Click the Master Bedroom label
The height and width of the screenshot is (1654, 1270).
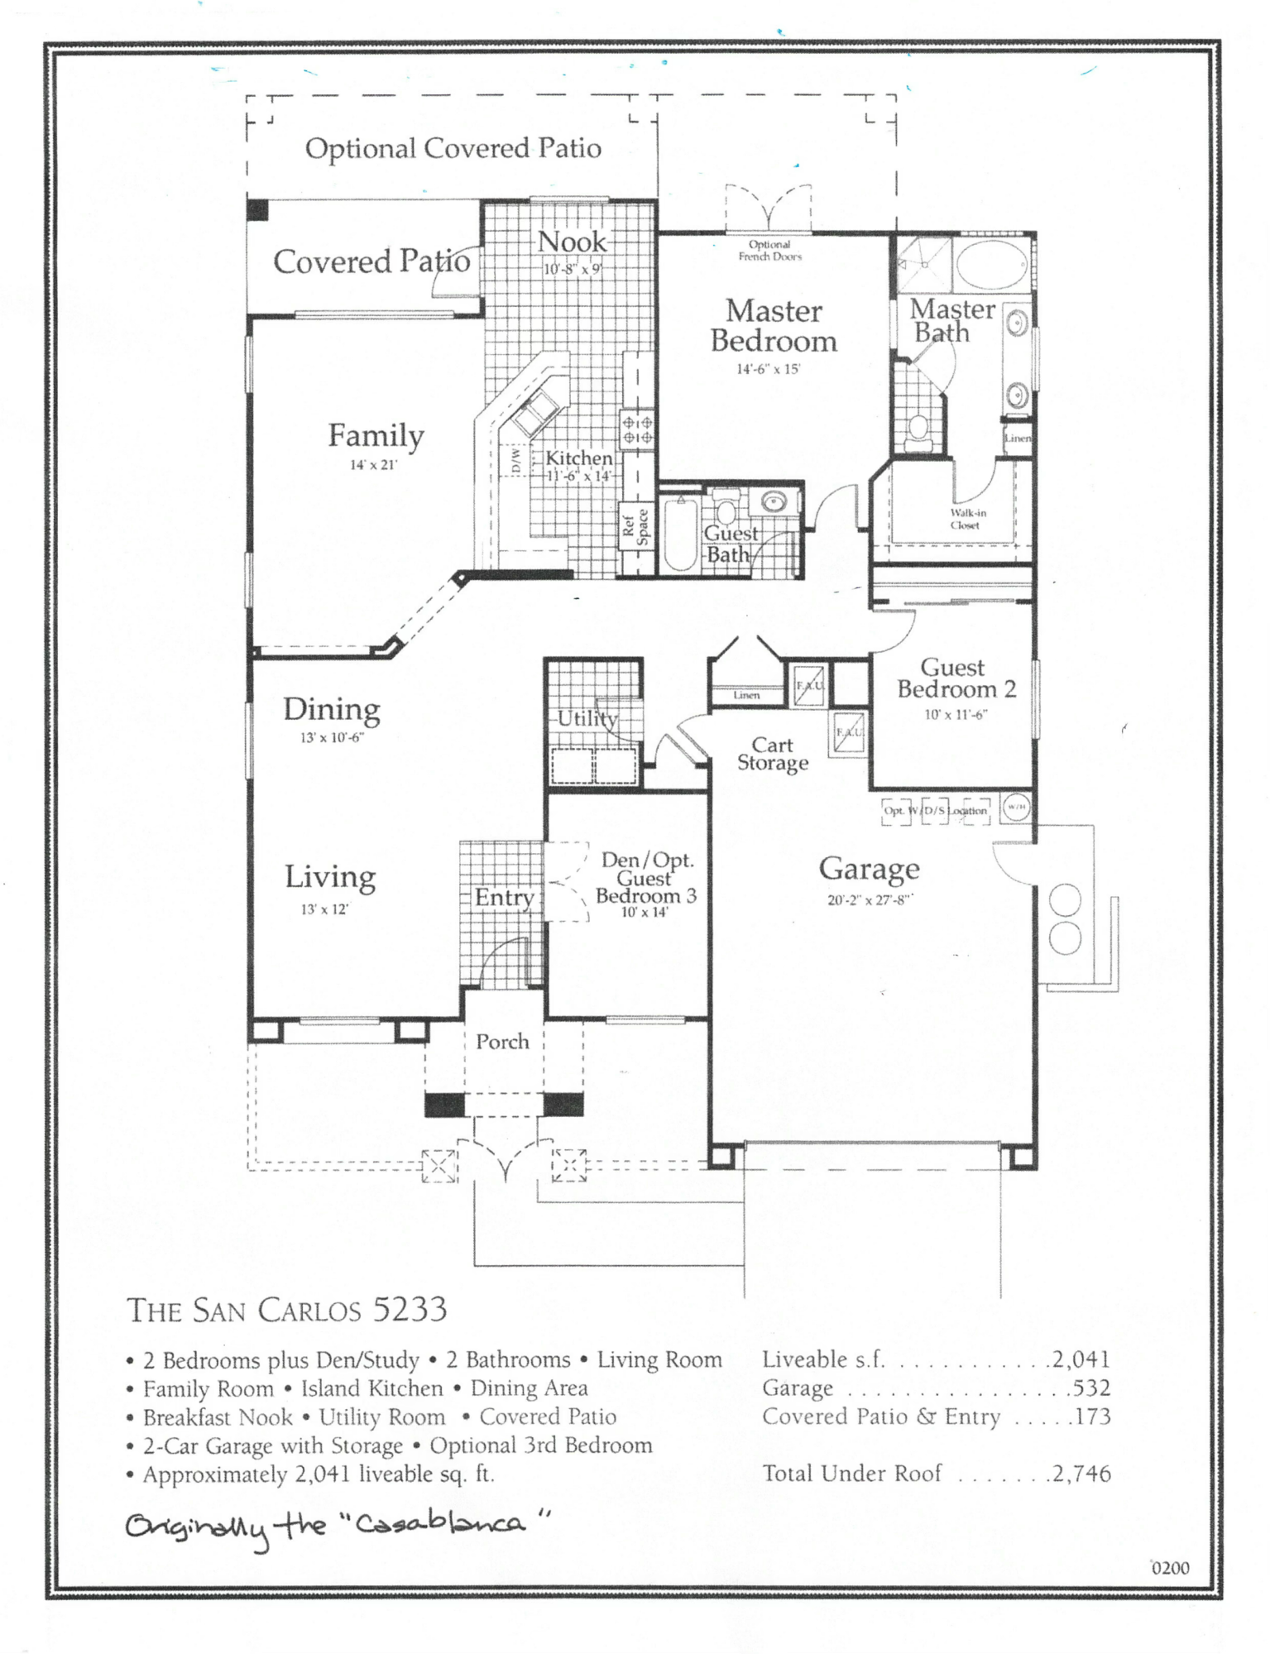point(774,326)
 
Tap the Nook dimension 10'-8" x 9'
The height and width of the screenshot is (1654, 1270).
point(573,269)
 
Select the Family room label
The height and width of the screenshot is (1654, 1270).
point(376,436)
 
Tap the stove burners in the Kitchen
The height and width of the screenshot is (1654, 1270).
point(637,430)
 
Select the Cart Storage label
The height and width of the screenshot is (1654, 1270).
point(773,755)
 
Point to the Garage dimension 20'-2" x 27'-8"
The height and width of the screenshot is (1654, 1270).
point(869,900)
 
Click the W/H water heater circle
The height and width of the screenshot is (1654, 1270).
point(1016,808)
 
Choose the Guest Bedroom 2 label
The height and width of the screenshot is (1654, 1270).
point(956,678)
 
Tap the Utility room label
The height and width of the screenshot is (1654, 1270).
point(587,718)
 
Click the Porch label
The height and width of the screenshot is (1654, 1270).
point(502,1042)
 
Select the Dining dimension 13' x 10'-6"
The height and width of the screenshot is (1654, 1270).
point(332,737)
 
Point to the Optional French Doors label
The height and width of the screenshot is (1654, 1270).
point(769,250)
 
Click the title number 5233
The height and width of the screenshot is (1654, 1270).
point(410,1310)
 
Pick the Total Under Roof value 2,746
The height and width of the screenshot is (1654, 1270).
point(1081,1474)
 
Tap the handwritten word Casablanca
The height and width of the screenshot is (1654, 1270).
point(439,1522)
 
